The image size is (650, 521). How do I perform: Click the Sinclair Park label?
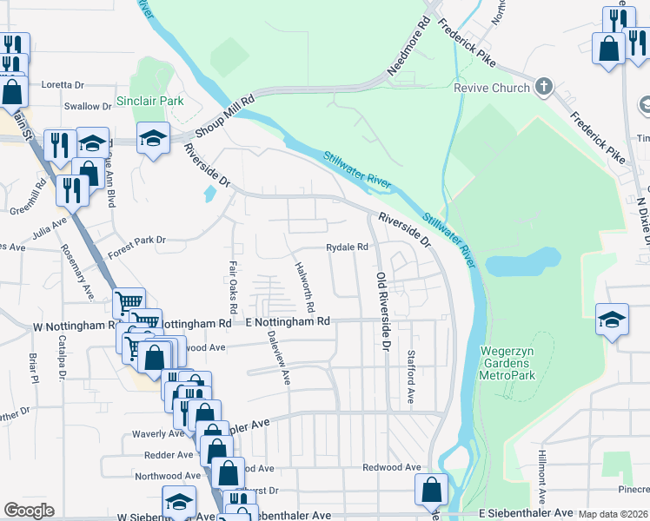click(x=156, y=101)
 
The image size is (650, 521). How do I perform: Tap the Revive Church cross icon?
click(x=544, y=87)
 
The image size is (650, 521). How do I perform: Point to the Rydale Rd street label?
click(x=348, y=247)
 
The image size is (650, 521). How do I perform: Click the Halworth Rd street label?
click(x=304, y=288)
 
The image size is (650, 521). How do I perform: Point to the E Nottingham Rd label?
click(x=289, y=321)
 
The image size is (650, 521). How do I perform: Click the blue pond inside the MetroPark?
click(x=522, y=261)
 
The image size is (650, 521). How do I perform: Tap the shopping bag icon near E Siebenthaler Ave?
click(x=431, y=489)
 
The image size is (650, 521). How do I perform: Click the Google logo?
click(x=29, y=511)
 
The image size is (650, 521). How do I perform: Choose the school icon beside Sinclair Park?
click(x=153, y=138)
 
